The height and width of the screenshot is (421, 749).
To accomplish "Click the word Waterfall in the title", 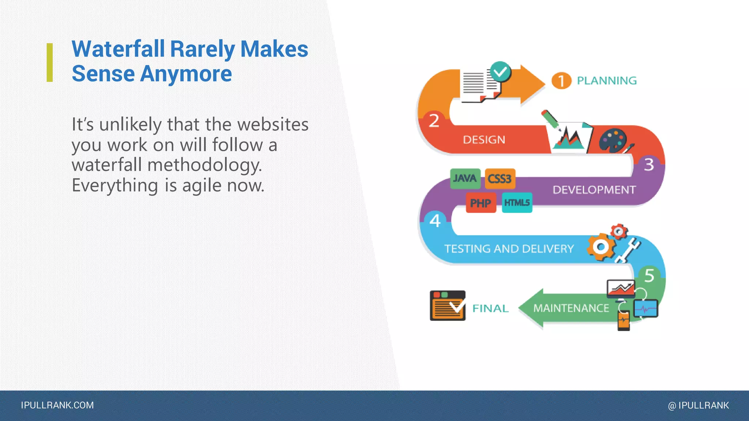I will click(118, 49).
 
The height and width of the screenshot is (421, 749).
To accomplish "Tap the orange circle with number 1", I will click(561, 81).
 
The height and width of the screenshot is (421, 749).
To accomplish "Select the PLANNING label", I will click(607, 80).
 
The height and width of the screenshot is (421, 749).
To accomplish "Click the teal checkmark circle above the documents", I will click(500, 72).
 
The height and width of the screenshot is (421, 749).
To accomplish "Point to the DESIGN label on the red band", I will click(484, 140).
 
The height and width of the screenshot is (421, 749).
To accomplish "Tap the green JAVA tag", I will click(465, 178).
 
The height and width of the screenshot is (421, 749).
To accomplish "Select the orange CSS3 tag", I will click(500, 179).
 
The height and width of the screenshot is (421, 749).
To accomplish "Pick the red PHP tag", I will click(481, 203).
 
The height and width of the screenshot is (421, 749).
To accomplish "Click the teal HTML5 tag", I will click(517, 202).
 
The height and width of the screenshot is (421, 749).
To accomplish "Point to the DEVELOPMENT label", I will click(594, 190).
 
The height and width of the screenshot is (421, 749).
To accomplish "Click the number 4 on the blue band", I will click(435, 221).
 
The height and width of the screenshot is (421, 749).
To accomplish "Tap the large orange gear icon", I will click(601, 247).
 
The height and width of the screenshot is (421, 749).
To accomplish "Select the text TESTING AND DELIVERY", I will click(509, 249).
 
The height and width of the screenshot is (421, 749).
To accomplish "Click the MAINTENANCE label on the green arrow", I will click(571, 308).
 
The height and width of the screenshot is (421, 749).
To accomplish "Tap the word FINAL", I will click(490, 308).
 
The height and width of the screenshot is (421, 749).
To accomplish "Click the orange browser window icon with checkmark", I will click(448, 306).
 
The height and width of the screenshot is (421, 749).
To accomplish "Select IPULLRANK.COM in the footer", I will click(57, 405).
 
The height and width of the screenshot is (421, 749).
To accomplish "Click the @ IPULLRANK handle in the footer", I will click(698, 405).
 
